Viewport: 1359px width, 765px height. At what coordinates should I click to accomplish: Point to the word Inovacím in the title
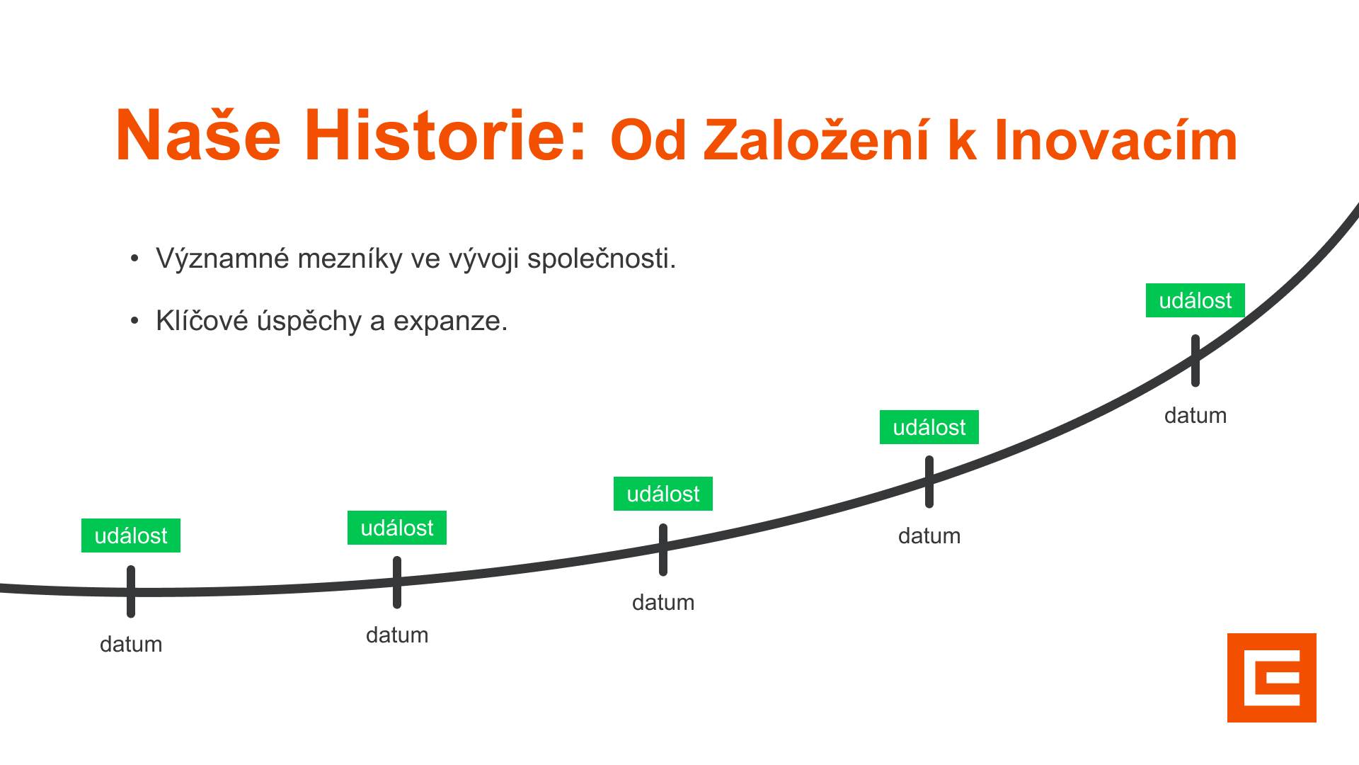click(1116, 140)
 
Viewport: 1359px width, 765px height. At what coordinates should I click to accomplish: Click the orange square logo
click(1272, 678)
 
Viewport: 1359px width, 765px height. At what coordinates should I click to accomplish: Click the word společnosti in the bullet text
click(602, 259)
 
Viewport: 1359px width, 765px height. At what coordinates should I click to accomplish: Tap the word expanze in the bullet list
click(450, 322)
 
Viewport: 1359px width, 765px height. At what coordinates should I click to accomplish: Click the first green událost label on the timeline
click(131, 535)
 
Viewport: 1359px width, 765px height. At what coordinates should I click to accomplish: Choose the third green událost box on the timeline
click(663, 494)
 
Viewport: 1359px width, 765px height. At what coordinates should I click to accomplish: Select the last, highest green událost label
click(1195, 300)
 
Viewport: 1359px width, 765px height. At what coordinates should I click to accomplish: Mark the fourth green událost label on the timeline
click(929, 427)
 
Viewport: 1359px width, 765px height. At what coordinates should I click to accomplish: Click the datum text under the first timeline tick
click(131, 645)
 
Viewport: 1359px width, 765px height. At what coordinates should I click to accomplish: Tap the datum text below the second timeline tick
click(397, 635)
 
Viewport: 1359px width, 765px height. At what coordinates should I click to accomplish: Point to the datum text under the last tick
click(1195, 416)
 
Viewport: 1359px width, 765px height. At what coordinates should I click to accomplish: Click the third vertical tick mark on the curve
click(663, 550)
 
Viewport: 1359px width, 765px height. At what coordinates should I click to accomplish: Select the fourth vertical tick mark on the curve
click(929, 482)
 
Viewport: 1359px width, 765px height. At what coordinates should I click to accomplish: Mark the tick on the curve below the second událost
click(397, 582)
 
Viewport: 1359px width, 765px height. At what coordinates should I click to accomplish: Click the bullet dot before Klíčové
click(134, 322)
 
